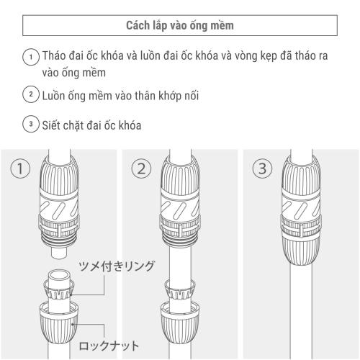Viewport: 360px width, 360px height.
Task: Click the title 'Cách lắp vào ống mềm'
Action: (x=179, y=26)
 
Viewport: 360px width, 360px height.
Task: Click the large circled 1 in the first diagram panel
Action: (x=20, y=170)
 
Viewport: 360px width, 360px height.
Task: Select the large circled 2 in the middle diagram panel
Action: (x=142, y=170)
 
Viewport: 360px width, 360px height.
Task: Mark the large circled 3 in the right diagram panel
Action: (x=261, y=170)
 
